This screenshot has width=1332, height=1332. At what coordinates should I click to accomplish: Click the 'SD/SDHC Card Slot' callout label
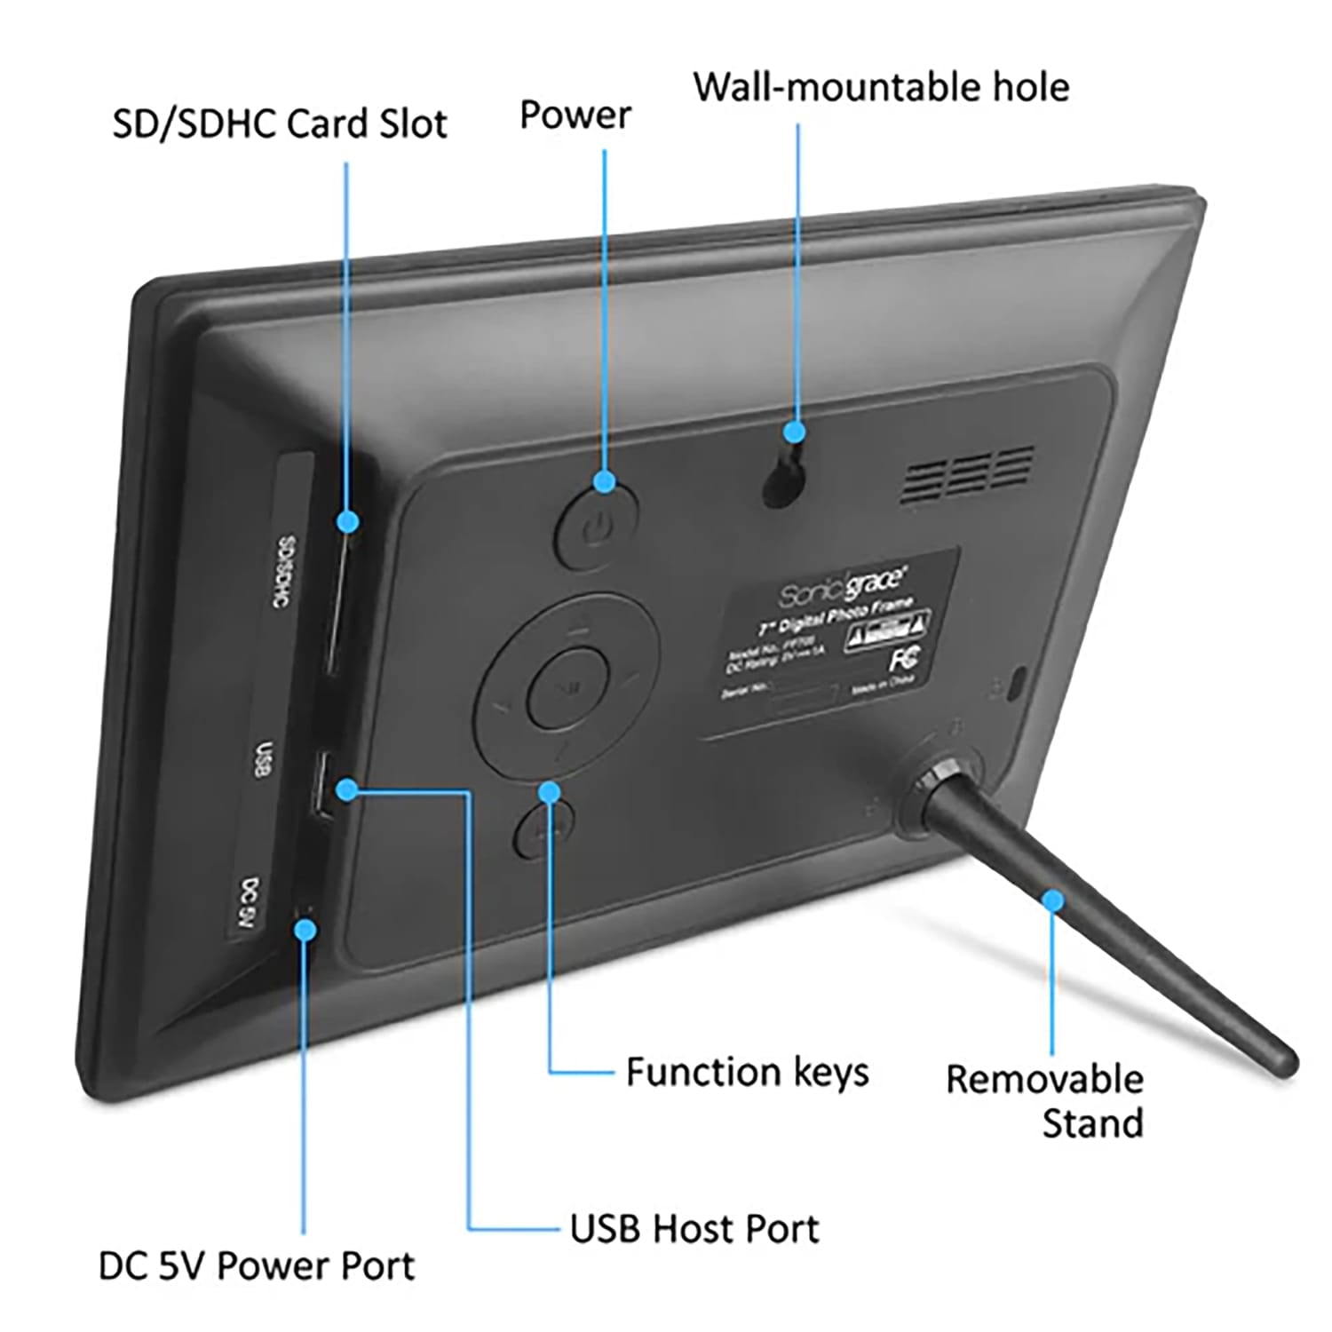click(x=279, y=123)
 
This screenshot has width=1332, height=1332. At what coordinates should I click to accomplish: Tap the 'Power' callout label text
click(x=575, y=115)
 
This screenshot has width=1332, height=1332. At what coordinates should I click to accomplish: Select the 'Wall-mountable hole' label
click(x=881, y=87)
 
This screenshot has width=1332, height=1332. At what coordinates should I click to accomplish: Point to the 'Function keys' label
click(x=747, y=1072)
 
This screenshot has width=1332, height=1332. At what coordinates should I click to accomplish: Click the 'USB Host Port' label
click(x=694, y=1229)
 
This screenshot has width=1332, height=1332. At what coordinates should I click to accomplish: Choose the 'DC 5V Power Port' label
click(x=256, y=1265)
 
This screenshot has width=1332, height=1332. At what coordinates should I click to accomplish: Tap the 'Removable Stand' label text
click(x=1046, y=1101)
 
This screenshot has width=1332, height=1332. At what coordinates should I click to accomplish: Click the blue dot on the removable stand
click(x=1052, y=901)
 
